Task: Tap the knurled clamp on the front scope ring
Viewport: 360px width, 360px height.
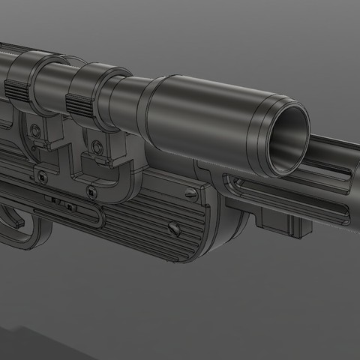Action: tap(79, 100)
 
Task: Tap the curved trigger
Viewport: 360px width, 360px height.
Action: tap(16, 217)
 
